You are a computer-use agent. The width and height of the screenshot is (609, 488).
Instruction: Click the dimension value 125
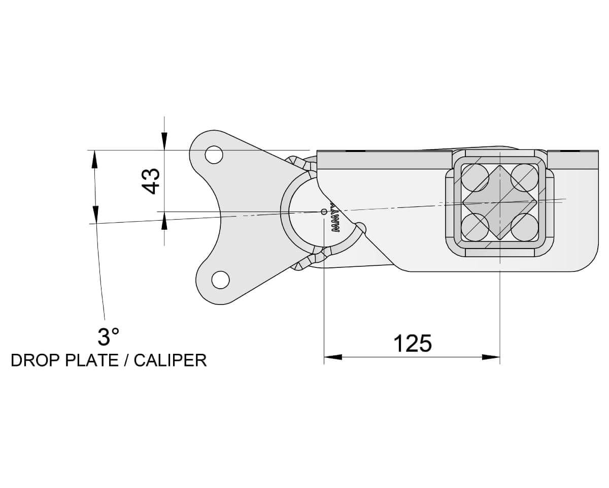(412, 344)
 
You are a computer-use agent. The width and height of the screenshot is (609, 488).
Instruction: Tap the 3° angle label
(108, 337)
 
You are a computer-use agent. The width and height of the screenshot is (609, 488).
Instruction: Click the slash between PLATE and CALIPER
(126, 360)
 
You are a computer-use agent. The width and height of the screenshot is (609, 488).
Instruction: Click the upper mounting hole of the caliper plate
(214, 155)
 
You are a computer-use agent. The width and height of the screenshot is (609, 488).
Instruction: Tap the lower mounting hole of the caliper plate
(220, 280)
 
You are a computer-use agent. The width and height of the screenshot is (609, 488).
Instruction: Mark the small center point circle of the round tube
(324, 211)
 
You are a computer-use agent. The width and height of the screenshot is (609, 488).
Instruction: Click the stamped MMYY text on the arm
(336, 221)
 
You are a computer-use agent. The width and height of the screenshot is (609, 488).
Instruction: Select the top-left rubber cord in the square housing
(475, 177)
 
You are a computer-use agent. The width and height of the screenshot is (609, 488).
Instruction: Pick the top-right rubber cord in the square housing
(524, 177)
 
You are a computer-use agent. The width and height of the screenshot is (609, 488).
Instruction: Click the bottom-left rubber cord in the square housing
(475, 227)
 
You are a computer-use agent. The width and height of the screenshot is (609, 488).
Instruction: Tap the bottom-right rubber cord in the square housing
(524, 227)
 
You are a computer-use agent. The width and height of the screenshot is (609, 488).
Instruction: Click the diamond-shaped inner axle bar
(500, 202)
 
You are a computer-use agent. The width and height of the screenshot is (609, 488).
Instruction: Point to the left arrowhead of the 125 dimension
(333, 357)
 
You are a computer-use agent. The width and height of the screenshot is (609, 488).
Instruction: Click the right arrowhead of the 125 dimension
(491, 357)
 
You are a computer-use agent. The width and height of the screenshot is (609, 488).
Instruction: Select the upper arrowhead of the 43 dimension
(164, 141)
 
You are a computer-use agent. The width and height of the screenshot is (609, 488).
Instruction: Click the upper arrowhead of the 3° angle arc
(94, 160)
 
